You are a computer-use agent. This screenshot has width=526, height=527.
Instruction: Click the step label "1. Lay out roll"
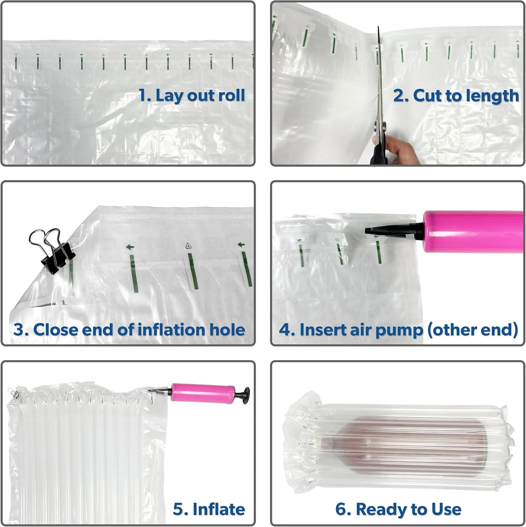(192, 96)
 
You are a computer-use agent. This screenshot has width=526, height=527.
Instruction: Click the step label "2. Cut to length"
(456, 96)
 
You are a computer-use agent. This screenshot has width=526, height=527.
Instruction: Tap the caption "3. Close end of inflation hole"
(129, 330)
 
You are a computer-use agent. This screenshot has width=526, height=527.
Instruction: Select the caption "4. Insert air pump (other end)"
(399, 330)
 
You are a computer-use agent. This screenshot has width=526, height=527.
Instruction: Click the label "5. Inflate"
(209, 509)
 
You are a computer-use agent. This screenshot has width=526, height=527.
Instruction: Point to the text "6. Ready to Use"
(398, 509)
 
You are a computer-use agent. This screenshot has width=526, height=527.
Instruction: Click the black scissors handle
(379, 151)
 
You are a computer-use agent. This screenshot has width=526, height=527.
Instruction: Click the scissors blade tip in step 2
(378, 27)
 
